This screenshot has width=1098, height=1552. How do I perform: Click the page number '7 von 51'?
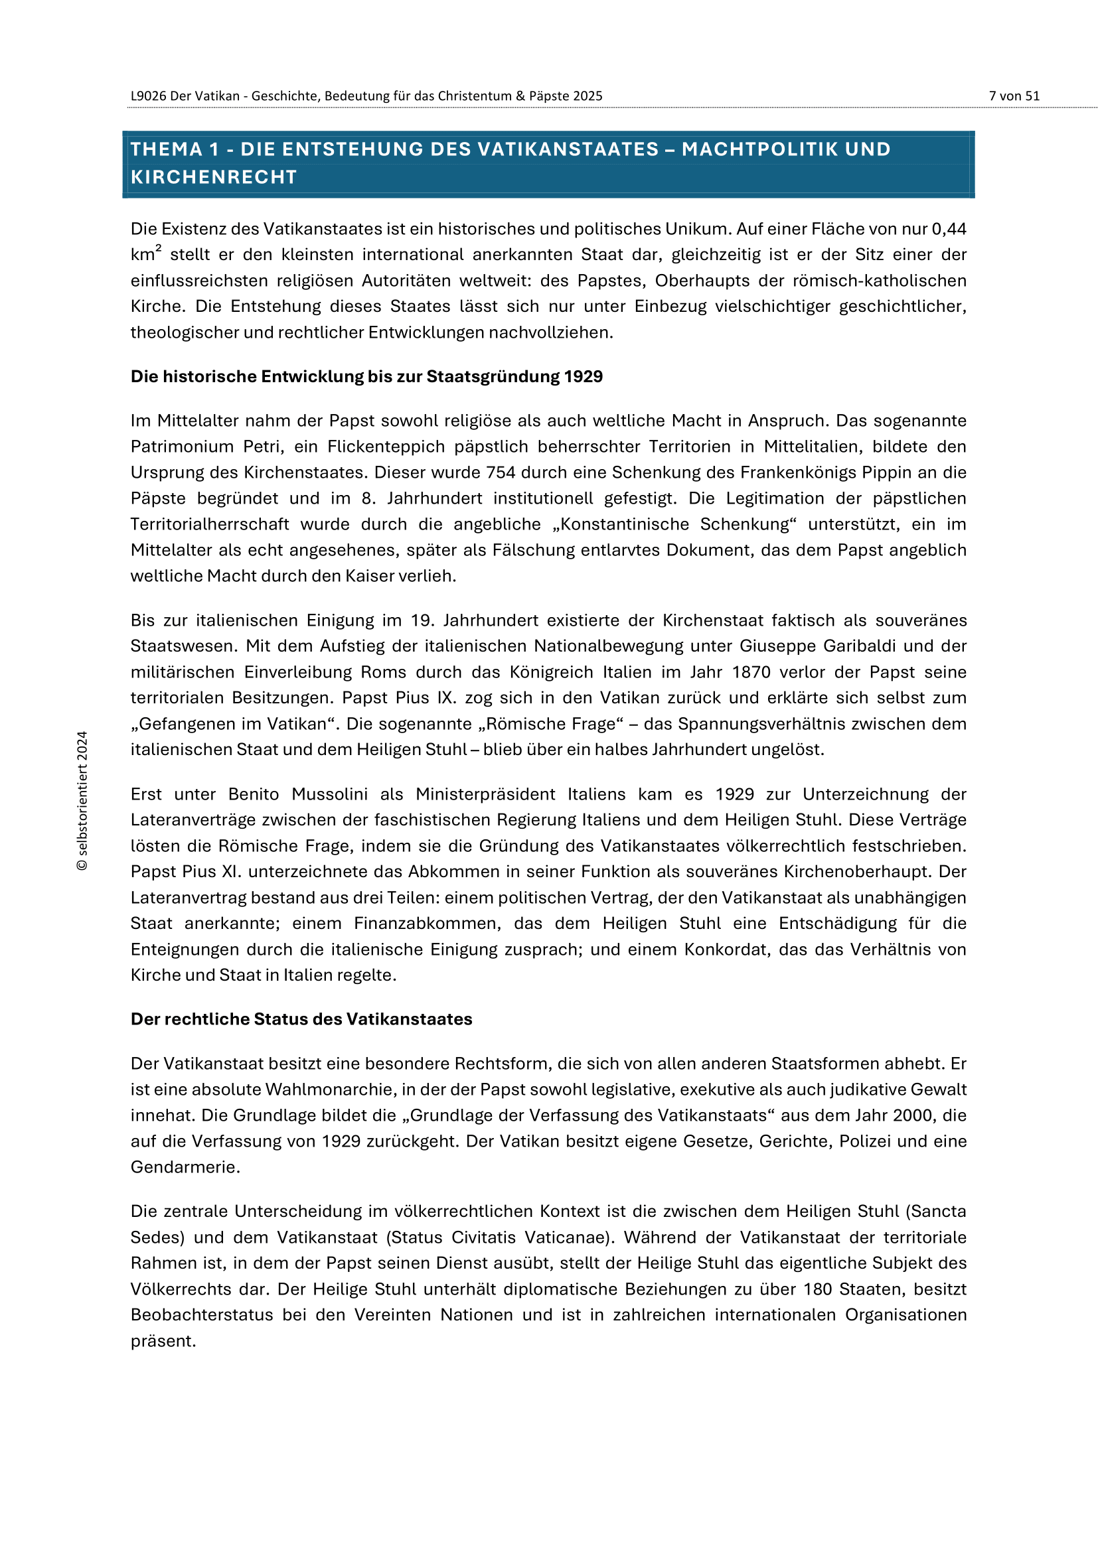tap(1014, 96)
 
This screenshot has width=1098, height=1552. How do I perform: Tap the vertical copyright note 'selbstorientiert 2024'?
tap(82, 800)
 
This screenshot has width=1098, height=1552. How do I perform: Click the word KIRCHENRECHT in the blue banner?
tap(214, 177)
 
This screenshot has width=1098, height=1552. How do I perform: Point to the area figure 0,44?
tap(949, 229)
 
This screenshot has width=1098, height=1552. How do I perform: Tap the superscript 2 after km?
tap(158, 249)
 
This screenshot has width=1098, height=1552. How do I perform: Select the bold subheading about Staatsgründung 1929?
tap(366, 376)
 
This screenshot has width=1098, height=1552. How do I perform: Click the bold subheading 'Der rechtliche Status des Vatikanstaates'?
tap(301, 1019)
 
